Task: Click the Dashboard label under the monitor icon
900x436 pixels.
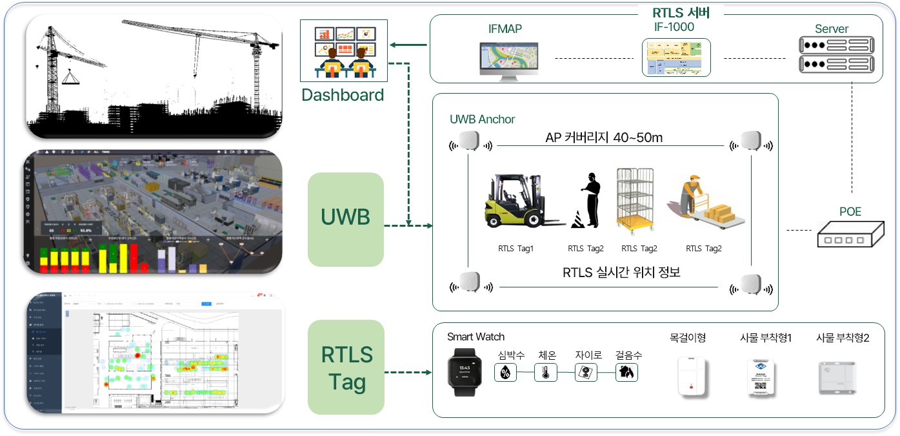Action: point(343,95)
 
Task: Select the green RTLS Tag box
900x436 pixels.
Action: point(346,368)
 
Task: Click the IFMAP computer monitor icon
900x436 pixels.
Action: point(506,61)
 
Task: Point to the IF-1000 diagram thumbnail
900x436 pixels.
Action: point(675,57)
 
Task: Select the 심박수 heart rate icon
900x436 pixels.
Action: point(506,373)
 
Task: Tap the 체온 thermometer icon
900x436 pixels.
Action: point(545,373)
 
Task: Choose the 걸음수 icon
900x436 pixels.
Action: point(626,373)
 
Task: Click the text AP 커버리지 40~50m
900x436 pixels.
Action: point(603,138)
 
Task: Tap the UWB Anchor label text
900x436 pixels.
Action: point(482,119)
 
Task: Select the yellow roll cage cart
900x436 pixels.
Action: point(634,200)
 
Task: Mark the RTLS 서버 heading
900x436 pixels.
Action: point(681,12)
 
